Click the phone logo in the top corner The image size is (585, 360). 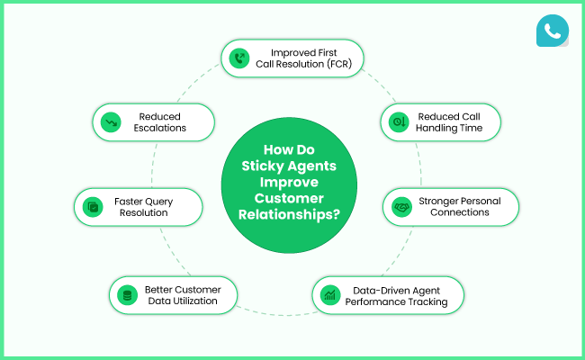pos(552,30)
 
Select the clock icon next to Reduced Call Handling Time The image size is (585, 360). pos(399,121)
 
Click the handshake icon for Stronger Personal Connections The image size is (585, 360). pos(401,206)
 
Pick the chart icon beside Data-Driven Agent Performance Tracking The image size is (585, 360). pos(330,294)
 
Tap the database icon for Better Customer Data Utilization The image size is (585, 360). pos(127,294)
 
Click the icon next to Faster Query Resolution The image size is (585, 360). pos(92,206)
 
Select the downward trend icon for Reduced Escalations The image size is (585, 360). pos(110,121)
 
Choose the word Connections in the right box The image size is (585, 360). pos(459,212)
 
